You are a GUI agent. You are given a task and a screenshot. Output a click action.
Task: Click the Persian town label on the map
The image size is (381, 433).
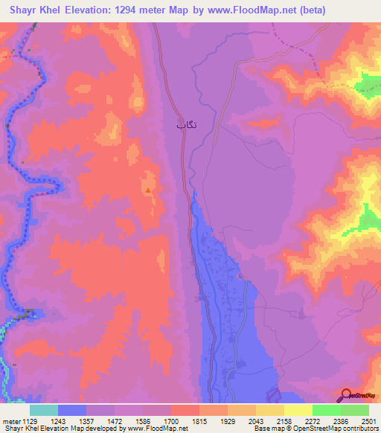(186, 125)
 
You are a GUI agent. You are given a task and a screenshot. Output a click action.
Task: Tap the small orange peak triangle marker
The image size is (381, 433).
(149, 190)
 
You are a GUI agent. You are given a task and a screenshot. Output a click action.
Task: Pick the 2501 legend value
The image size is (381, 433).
(365, 421)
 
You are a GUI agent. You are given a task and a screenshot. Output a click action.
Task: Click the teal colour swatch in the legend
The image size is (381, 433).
(44, 410)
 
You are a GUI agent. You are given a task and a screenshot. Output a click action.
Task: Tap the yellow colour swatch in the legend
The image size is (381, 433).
(298, 410)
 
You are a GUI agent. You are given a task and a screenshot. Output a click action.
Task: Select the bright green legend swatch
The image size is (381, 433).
(326, 410)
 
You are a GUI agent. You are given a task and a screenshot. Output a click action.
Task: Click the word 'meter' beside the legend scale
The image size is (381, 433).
(11, 421)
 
